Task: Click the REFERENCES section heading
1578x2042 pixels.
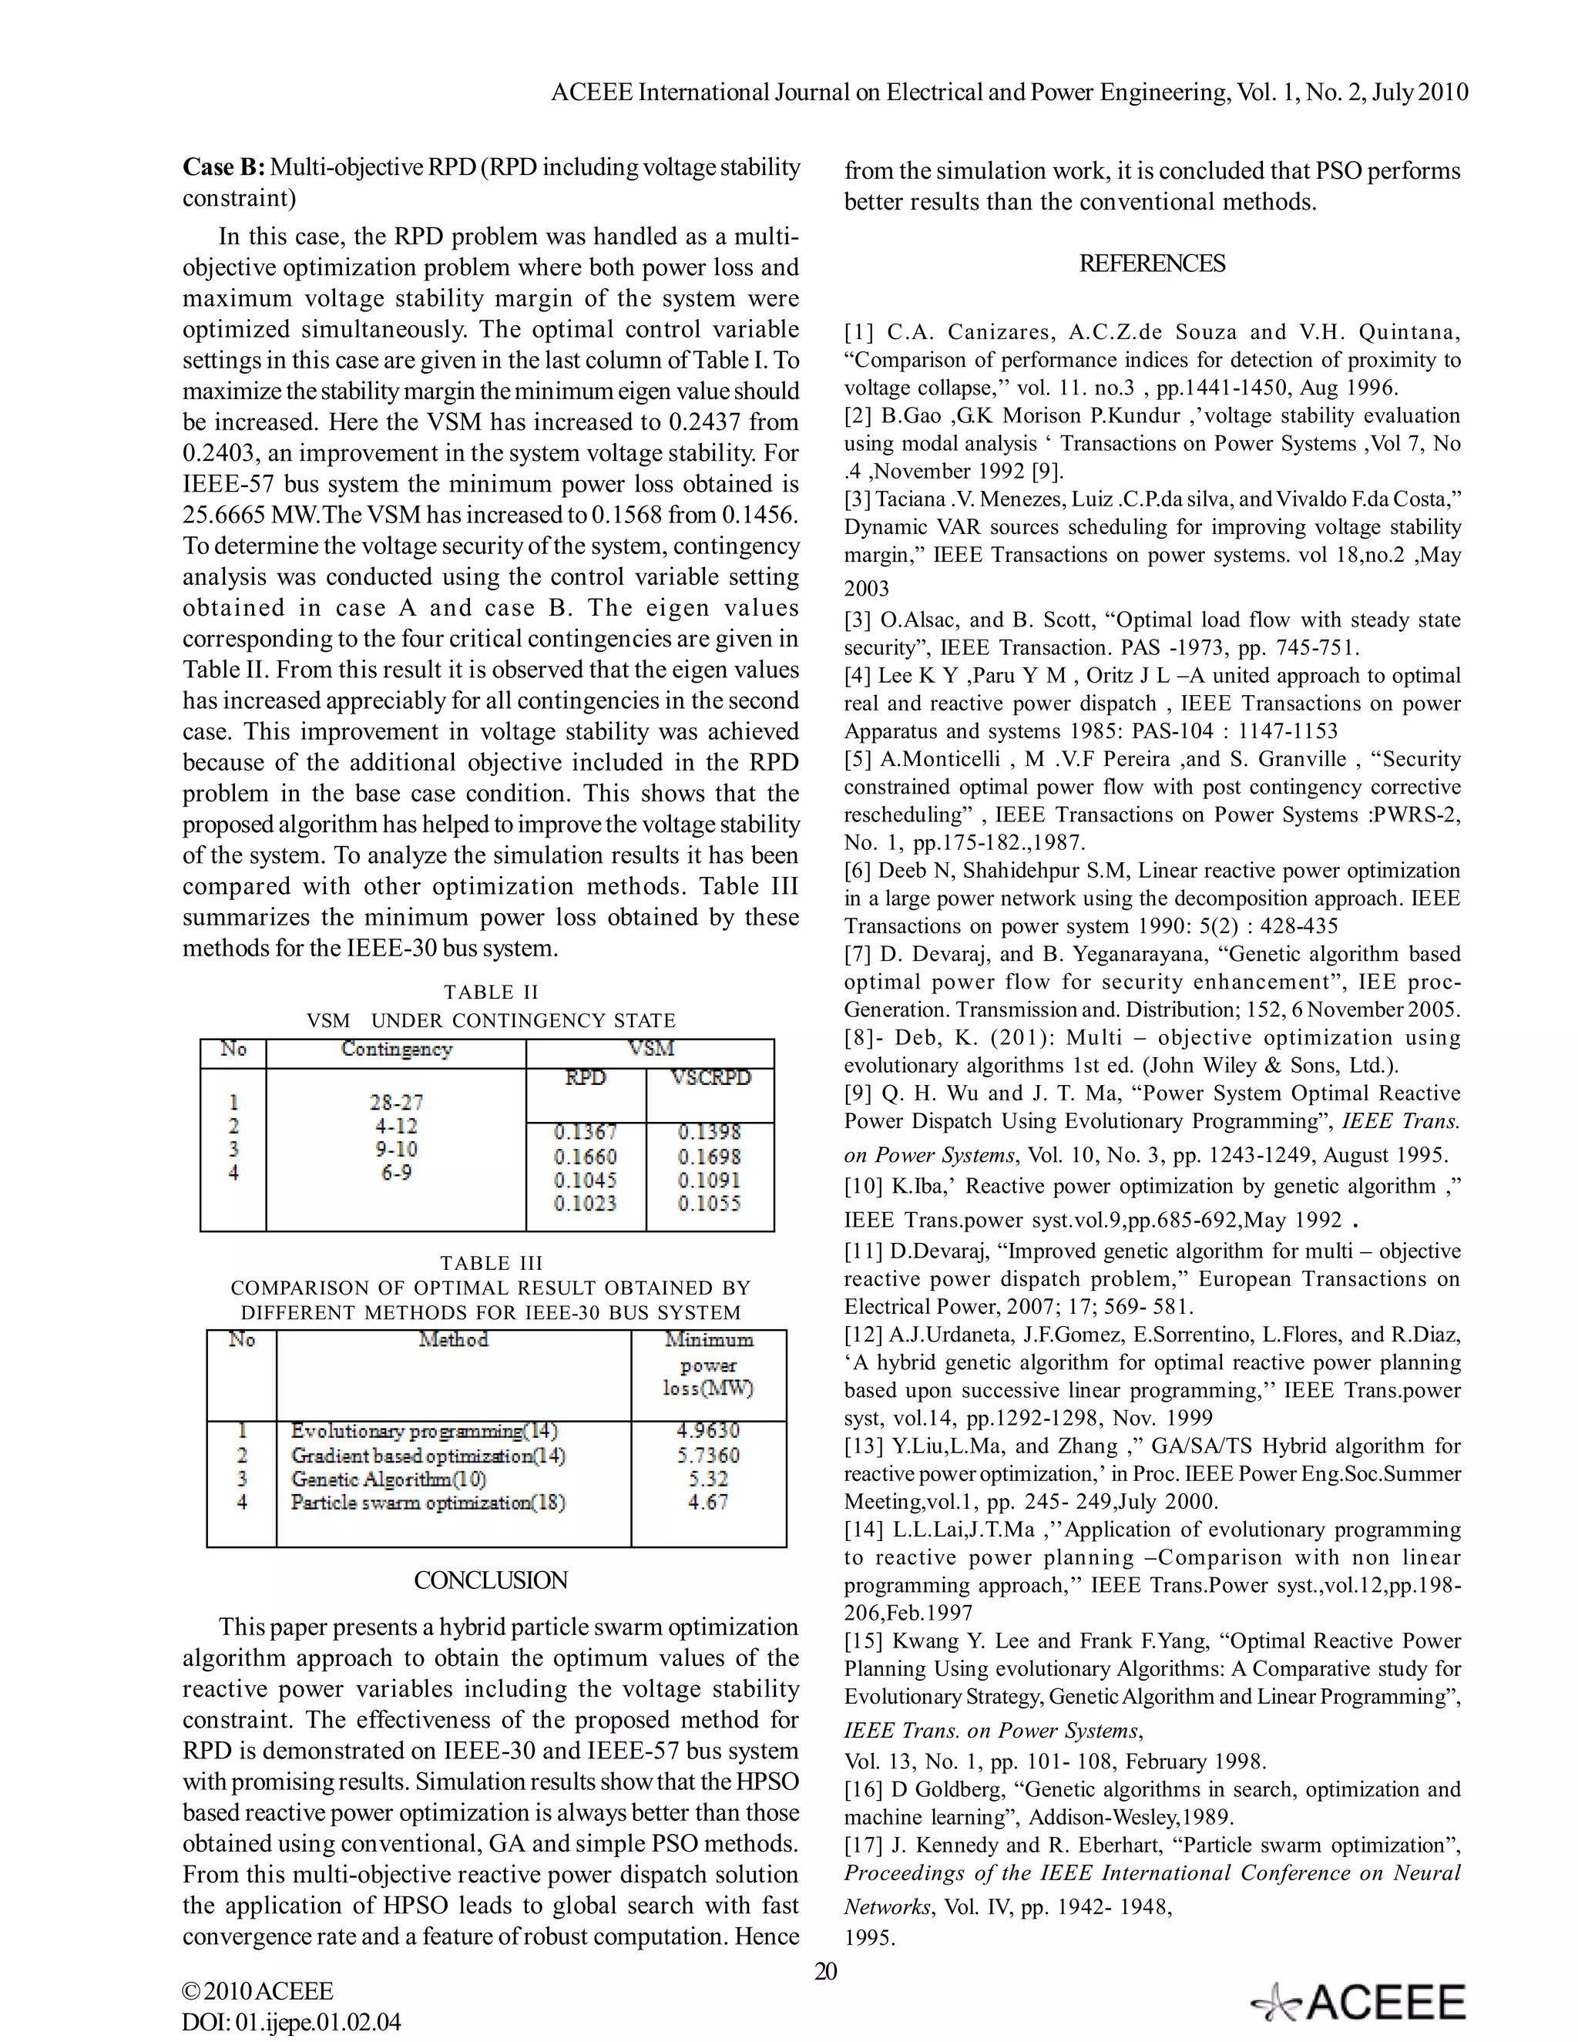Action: (x=1152, y=264)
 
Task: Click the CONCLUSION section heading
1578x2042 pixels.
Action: (x=491, y=1580)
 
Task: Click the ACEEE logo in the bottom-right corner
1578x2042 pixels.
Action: (x=1359, y=2003)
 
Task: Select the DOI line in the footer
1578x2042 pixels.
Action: (x=292, y=2023)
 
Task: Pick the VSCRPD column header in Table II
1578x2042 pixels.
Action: (x=710, y=1078)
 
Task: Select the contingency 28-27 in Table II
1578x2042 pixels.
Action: (x=396, y=1103)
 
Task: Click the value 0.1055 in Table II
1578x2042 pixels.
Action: (x=709, y=1204)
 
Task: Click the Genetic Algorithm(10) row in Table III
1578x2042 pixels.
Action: (x=389, y=1479)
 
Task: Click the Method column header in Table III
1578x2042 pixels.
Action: (x=453, y=1340)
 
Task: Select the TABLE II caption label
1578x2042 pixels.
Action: (x=491, y=992)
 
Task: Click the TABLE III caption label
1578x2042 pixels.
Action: (x=491, y=1262)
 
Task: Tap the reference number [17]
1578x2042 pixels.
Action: (x=860, y=1846)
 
